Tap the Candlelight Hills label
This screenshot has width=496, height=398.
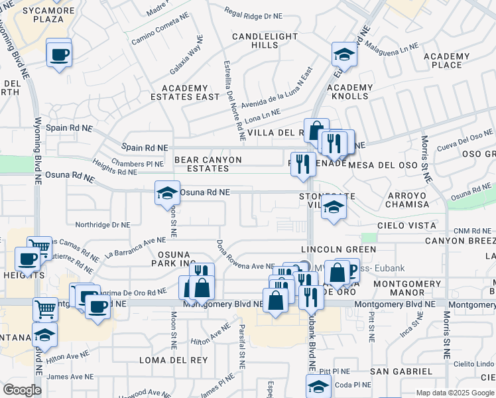[255, 40]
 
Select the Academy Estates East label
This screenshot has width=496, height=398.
[190, 92]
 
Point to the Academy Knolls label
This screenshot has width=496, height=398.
[350, 92]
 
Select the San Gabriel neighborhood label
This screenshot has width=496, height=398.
[402, 371]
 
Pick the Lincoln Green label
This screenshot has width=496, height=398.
[338, 249]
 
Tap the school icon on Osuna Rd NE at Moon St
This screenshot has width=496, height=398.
[167, 194]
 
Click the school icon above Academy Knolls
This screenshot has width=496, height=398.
[344, 54]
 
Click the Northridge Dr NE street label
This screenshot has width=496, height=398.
[101, 225]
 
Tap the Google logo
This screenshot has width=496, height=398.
[22, 390]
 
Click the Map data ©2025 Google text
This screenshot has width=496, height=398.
[455, 393]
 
